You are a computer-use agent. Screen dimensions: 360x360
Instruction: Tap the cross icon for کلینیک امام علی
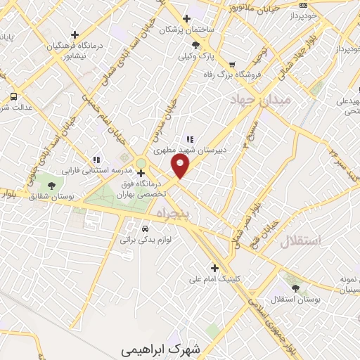[214, 267]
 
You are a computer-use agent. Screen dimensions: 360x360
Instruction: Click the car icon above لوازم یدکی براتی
[145, 229]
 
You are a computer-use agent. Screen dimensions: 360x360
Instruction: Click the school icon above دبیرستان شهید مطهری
[189, 139]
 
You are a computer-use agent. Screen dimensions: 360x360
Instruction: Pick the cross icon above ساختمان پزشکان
[186, 19]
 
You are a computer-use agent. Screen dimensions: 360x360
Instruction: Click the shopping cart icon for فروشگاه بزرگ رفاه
[231, 65]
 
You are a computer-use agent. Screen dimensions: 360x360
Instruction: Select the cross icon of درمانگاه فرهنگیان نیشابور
[75, 34]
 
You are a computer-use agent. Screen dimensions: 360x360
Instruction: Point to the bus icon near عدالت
[13, 96]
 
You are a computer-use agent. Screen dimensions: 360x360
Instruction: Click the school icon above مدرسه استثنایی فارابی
[96, 159]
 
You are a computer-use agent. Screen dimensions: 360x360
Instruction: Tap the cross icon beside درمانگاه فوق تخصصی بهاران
[141, 173]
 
